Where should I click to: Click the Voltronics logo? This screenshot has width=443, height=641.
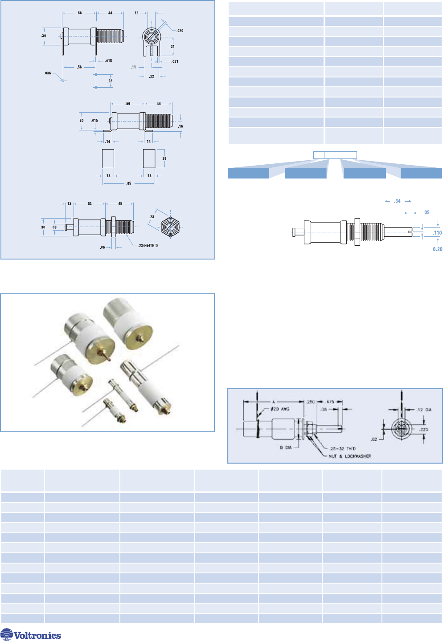point(31,634)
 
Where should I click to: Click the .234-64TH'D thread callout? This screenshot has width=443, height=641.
point(148,245)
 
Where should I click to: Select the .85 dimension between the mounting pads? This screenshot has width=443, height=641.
point(129,183)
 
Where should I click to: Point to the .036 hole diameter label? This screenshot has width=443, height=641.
point(48,73)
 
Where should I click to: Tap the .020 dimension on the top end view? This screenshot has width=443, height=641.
point(180,31)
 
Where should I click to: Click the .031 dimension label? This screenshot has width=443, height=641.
point(175,61)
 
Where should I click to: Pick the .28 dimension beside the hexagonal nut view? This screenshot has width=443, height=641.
point(152,217)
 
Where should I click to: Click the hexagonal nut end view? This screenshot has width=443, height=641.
point(171,227)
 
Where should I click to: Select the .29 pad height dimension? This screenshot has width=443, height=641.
point(164,158)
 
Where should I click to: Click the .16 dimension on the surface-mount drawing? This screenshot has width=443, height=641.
point(180,126)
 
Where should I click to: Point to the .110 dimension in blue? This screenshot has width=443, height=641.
point(437,233)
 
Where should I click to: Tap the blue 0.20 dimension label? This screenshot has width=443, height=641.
point(437,249)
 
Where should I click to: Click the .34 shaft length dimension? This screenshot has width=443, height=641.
point(398,201)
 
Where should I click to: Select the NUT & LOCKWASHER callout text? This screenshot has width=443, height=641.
point(349,456)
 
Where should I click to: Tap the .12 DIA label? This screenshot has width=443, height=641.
point(424,410)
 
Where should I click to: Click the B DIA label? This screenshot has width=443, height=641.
point(285,447)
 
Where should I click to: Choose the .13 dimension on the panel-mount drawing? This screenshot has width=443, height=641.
point(69,204)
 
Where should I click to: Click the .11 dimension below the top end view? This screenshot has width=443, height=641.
point(133,67)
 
